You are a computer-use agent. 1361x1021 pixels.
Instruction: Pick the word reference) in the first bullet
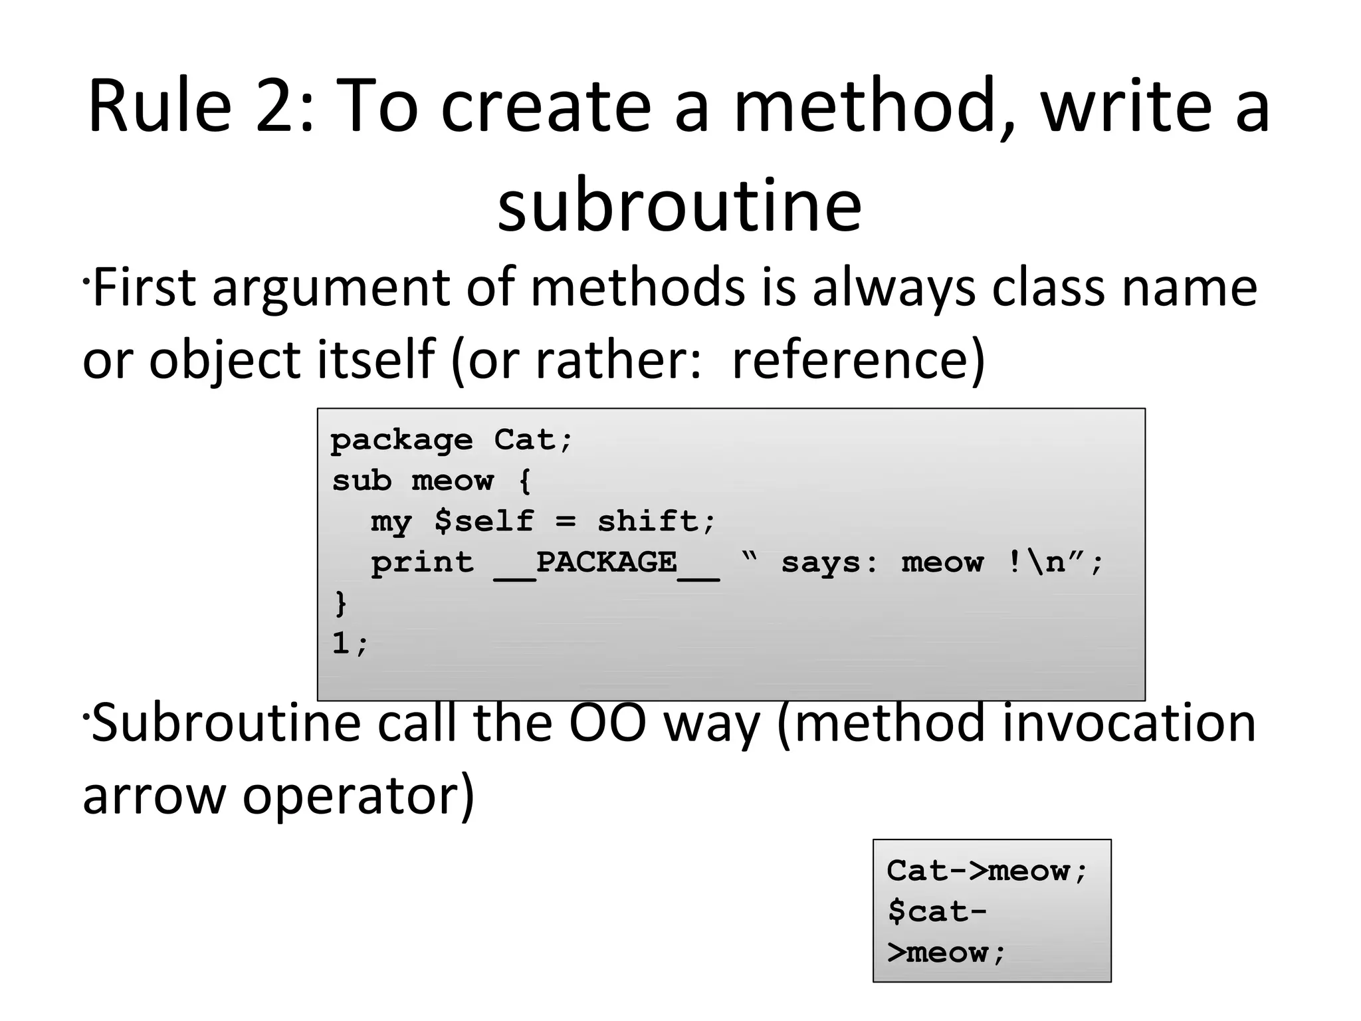coord(858,360)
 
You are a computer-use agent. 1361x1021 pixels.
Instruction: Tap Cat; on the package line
coord(532,440)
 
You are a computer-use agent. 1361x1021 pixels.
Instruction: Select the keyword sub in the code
coord(362,481)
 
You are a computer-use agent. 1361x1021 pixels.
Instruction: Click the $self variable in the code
coord(483,522)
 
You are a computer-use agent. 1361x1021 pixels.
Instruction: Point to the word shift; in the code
coord(656,522)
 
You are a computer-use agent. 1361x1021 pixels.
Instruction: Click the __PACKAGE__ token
coord(606,564)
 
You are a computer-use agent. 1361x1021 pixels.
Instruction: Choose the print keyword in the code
coord(422,564)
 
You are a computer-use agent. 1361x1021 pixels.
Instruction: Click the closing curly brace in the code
coord(340,603)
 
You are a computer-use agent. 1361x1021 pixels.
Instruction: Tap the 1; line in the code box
coord(350,643)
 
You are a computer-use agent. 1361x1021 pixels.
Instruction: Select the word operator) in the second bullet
coord(358,796)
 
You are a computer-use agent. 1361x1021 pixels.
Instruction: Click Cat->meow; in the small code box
coord(987,871)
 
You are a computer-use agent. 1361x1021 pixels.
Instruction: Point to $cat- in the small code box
coord(937,911)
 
